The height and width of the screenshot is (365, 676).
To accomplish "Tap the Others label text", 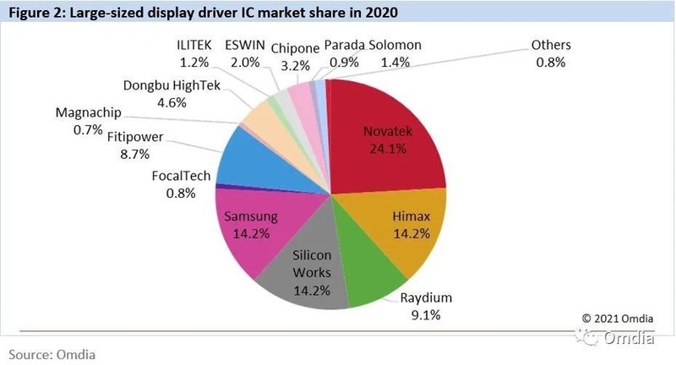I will point(551,45).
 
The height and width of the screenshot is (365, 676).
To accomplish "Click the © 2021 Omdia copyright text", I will point(616,318).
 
